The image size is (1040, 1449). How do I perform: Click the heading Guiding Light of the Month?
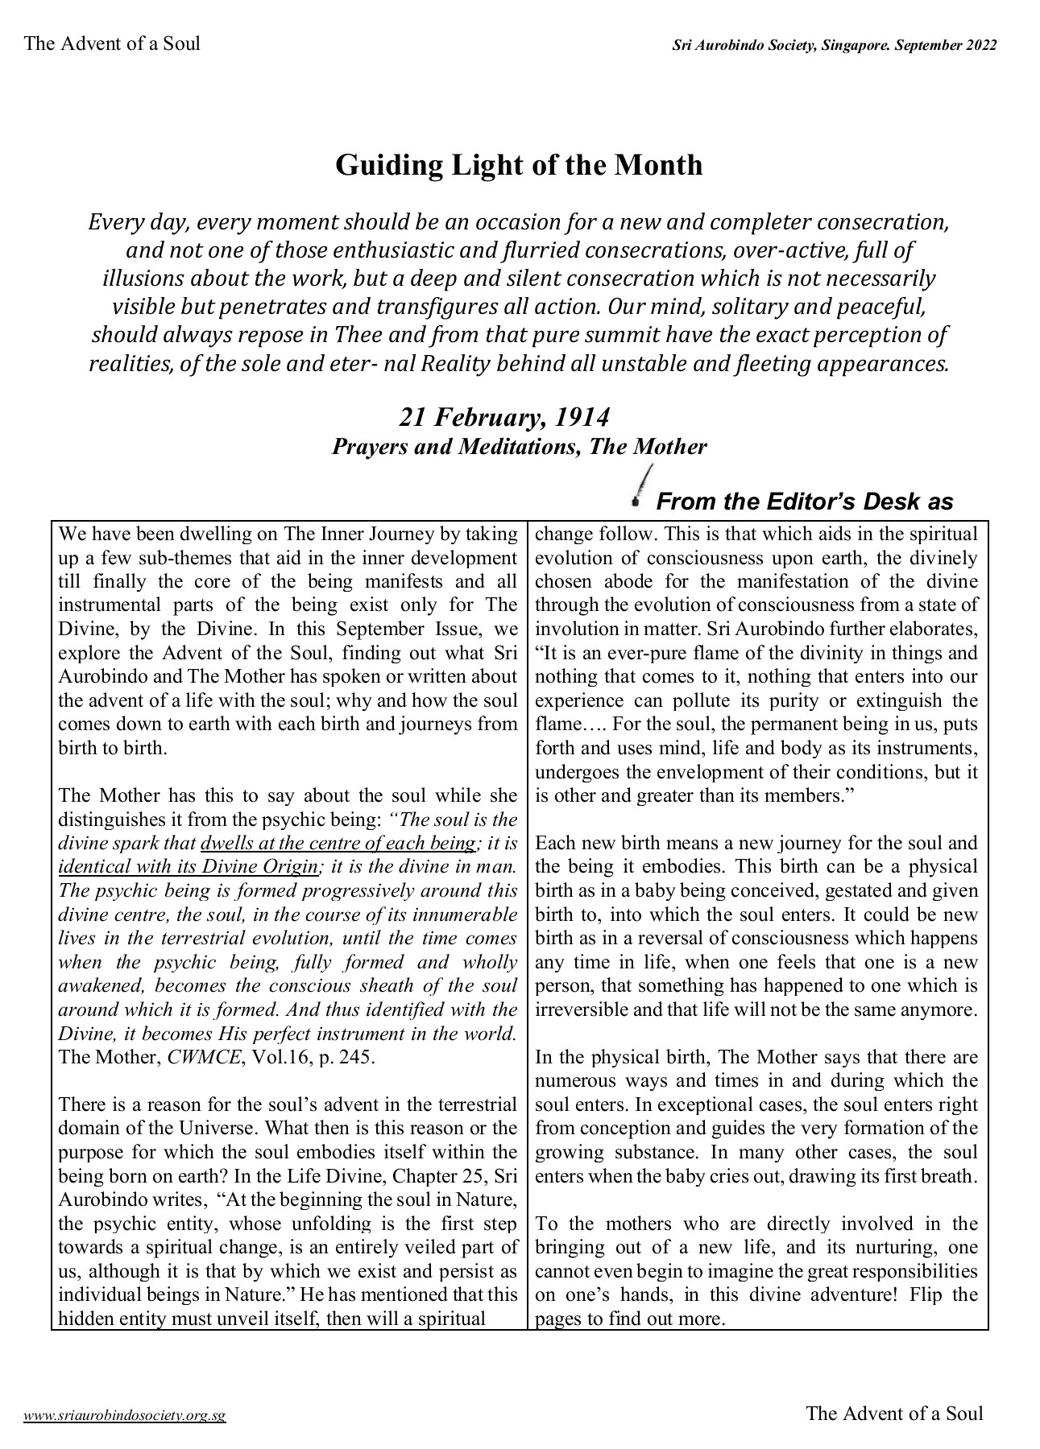click(x=519, y=165)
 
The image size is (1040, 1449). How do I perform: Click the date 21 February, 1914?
click(x=503, y=417)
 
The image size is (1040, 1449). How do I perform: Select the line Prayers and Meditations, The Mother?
click(x=519, y=446)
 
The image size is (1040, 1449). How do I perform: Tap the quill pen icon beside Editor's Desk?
click(x=641, y=486)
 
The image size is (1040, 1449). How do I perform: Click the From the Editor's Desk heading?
click(x=804, y=502)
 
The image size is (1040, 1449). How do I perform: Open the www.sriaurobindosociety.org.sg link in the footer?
click(x=125, y=1415)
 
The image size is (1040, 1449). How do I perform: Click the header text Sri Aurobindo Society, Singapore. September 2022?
click(x=835, y=46)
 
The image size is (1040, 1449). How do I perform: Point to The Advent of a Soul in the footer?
click(x=894, y=1413)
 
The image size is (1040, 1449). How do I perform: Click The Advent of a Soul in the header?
click(x=112, y=43)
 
